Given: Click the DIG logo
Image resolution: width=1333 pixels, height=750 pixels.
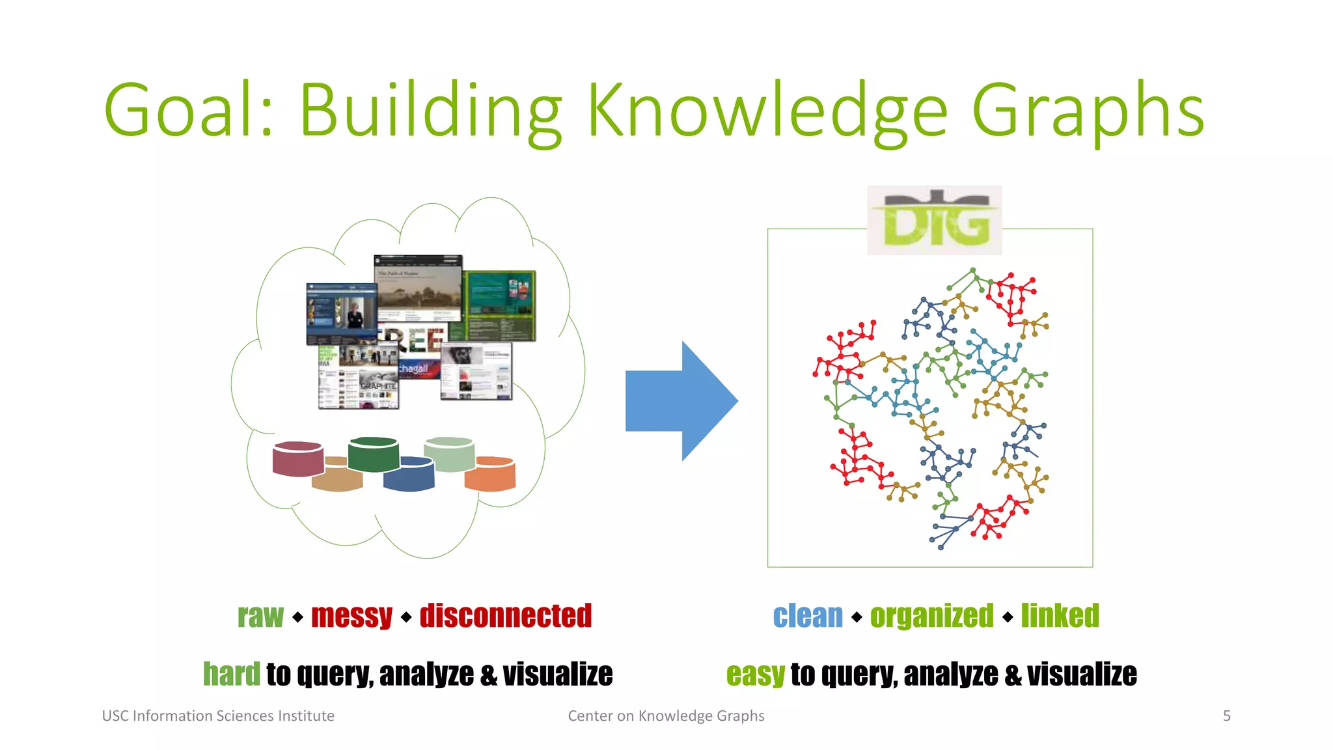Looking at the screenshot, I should pos(935,221).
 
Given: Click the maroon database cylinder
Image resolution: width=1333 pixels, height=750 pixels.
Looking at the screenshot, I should pos(298,459).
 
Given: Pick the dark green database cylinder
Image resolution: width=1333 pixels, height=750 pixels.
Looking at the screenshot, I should pos(373,454).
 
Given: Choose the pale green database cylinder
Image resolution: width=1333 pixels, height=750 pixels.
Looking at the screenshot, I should pos(449,454).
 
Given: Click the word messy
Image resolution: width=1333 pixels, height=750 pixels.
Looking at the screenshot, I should pos(351,616).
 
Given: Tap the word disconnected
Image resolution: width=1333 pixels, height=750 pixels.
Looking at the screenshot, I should pos(506,616).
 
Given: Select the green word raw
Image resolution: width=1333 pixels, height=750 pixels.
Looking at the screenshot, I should pos(260,616).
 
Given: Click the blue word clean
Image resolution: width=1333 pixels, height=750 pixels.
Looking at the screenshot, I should pos(808,616).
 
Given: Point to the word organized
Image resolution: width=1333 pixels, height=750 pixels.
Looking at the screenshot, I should pos(932,616).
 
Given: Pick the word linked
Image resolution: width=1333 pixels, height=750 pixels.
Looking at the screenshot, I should pos(1060,616).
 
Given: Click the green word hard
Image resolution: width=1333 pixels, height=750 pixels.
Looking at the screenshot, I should pos(231,674).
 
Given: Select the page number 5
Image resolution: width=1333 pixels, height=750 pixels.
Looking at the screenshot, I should pos(1227,716).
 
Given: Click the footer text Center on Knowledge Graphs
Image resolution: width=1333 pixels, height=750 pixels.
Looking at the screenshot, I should pos(666,716).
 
